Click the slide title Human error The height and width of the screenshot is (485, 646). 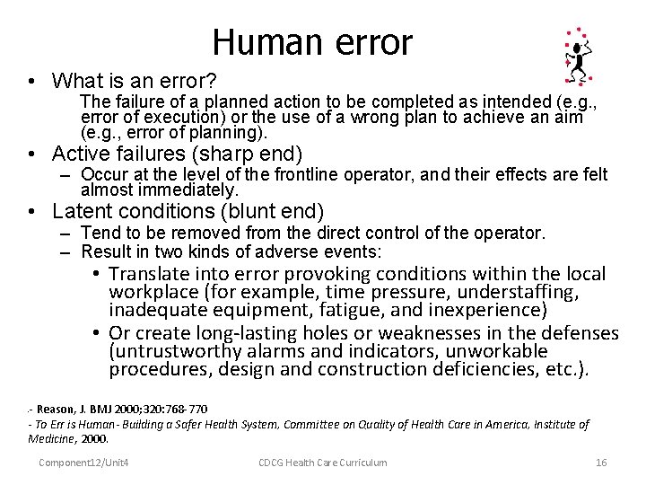(x=312, y=42)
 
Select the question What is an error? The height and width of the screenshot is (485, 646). (x=134, y=81)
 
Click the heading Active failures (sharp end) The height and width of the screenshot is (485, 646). (x=178, y=154)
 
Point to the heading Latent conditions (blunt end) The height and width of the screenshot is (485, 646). (x=188, y=212)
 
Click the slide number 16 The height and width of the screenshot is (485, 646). (x=601, y=463)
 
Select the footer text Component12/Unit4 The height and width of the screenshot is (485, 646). (x=83, y=463)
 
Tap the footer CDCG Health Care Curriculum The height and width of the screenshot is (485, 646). (x=322, y=463)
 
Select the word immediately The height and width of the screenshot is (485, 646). (x=191, y=190)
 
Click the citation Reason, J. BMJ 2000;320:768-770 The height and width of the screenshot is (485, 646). (x=122, y=410)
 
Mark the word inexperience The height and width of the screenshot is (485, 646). (x=487, y=310)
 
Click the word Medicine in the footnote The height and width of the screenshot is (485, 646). (x=53, y=439)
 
